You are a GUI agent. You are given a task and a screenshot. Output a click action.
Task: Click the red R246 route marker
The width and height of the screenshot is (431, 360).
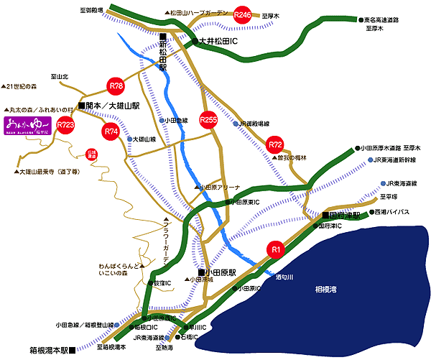coord(244,14)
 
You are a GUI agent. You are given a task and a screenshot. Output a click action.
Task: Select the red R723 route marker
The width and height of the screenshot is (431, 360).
coord(66,125)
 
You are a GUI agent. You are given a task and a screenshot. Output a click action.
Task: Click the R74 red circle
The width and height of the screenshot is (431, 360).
coord(111,131)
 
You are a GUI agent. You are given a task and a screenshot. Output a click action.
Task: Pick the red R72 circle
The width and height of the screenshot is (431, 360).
coord(275,145)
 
